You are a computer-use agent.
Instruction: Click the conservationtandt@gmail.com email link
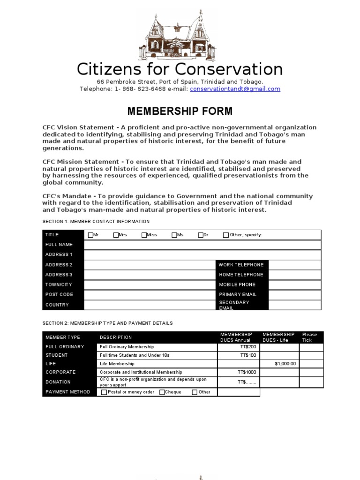235,89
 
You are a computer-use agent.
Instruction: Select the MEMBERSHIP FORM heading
180,111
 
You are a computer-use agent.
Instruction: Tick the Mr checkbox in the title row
90,235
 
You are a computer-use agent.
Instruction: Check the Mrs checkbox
116,235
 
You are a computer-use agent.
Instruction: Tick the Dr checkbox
201,235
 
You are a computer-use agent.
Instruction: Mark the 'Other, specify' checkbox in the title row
226,235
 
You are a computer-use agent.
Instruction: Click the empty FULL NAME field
202,245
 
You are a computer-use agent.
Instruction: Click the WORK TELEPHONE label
241,265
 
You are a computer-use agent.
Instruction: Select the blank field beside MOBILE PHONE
295,285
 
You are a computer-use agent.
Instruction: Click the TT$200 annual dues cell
239,347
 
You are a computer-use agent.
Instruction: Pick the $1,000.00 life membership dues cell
279,364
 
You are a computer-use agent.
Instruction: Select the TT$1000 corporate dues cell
239,372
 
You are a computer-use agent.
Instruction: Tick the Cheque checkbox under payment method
162,392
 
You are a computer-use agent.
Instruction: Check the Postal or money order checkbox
104,392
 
